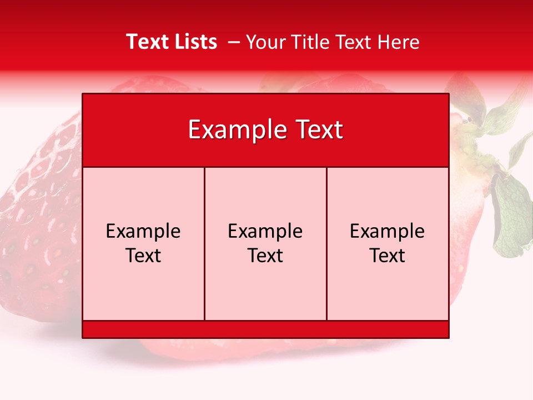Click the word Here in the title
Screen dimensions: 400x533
399,42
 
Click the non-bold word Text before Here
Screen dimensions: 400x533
354,42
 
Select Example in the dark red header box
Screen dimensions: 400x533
234,130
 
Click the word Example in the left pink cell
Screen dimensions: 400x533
143,231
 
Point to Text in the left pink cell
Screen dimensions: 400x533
143,256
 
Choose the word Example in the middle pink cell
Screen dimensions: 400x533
265,231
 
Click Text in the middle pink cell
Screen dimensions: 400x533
265,256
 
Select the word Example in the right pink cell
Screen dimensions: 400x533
388,231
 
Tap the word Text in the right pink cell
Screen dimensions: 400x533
388,256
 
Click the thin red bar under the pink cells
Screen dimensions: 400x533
265,329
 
